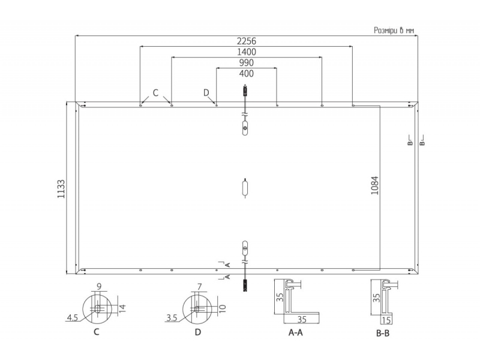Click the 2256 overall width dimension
pos(247,41)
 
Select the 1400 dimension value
pos(247,52)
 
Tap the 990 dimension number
pos(247,63)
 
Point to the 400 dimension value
pos(247,73)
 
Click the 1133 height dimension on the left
pos(61,189)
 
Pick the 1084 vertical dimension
pos(374,185)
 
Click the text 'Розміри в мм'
pos(394,31)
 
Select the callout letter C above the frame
pos(155,93)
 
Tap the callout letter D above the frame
pos(206,93)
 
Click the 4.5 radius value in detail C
pos(72,318)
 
